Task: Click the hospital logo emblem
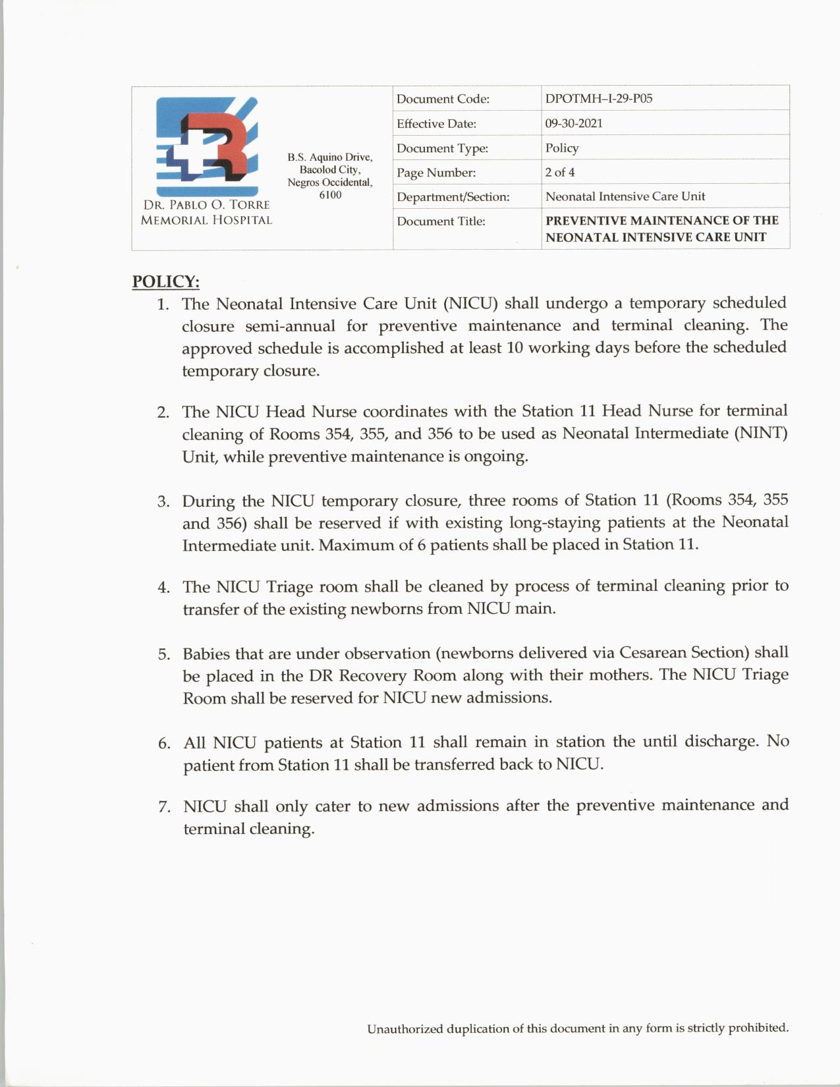pyautogui.click(x=206, y=140)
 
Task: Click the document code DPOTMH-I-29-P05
pyautogui.click(x=598, y=99)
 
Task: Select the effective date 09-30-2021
pyautogui.click(x=573, y=123)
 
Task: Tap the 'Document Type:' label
pyautogui.click(x=442, y=148)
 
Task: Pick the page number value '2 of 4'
pyautogui.click(x=559, y=173)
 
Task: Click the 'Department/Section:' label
pyautogui.click(x=453, y=197)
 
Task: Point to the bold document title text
pyautogui.click(x=661, y=229)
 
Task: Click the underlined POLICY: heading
pyautogui.click(x=165, y=281)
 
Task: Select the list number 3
pyautogui.click(x=163, y=502)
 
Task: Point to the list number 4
pyautogui.click(x=163, y=588)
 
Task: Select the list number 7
pyautogui.click(x=164, y=807)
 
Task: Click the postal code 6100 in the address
pyautogui.click(x=330, y=195)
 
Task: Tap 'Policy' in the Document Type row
pyautogui.click(x=562, y=148)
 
